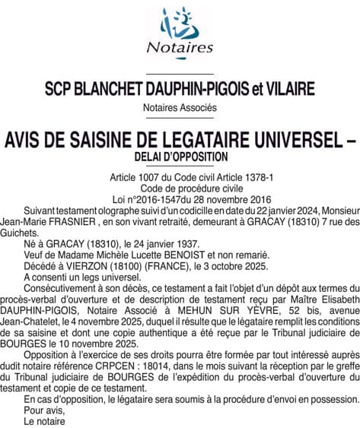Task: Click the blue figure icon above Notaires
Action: (180, 24)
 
